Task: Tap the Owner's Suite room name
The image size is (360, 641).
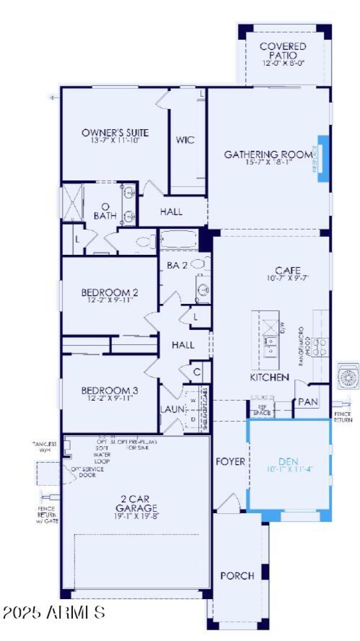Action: click(x=115, y=133)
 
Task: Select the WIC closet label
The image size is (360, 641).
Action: click(x=185, y=140)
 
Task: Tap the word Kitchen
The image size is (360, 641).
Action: click(x=270, y=377)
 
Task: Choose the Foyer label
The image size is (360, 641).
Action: click(x=230, y=461)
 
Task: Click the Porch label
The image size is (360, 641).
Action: click(x=237, y=576)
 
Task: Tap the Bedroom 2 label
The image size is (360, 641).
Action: click(x=110, y=293)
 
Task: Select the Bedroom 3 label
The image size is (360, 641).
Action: click(x=110, y=390)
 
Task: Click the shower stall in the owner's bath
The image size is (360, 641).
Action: click(x=72, y=202)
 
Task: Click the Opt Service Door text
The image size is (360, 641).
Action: click(x=87, y=472)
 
